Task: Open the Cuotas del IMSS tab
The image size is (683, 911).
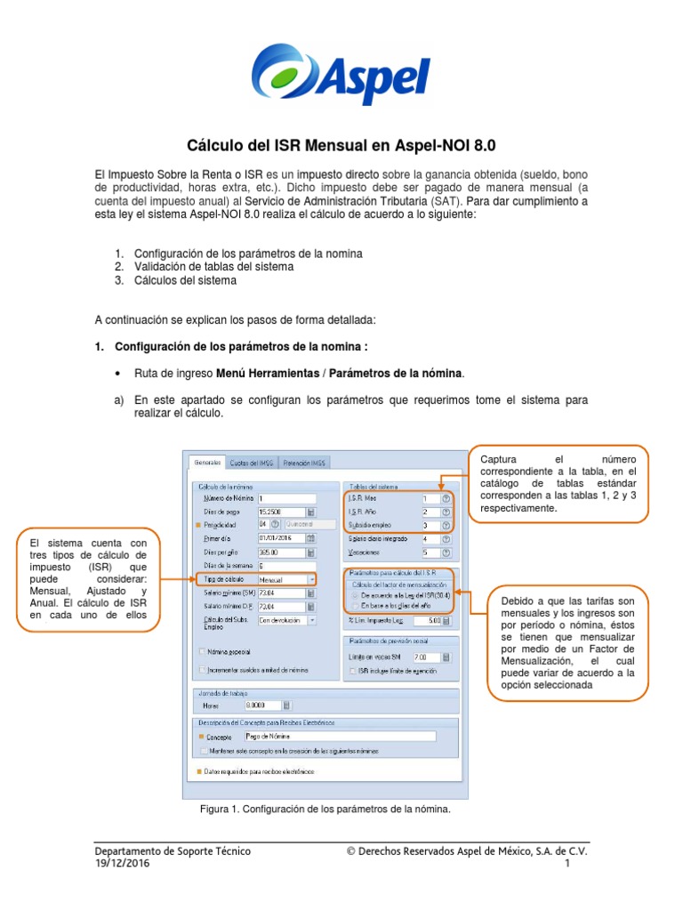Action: pyautogui.click(x=252, y=463)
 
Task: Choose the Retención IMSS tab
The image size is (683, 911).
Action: pyautogui.click(x=305, y=463)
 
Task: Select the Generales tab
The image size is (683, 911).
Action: pyautogui.click(x=206, y=463)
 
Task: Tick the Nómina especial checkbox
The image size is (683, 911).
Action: pyautogui.click(x=203, y=650)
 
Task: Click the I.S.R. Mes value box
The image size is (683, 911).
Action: pyautogui.click(x=431, y=499)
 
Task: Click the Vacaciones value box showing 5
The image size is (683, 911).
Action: pyautogui.click(x=431, y=552)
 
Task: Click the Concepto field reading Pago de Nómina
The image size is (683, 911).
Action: pyautogui.click(x=339, y=737)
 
